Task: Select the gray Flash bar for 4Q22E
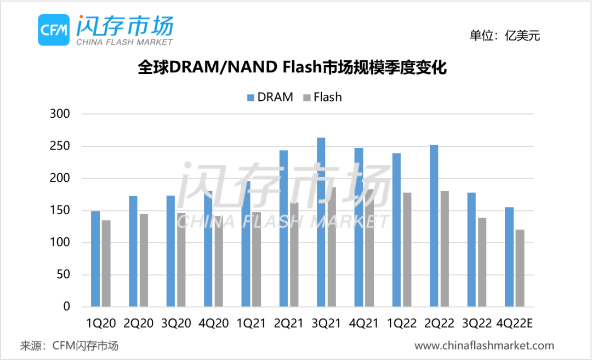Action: pos(520,268)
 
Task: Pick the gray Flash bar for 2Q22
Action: pos(445,249)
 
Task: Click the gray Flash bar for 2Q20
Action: pos(144,260)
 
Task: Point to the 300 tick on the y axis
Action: pos(60,114)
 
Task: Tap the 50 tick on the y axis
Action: pos(64,275)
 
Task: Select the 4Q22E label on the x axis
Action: pos(514,323)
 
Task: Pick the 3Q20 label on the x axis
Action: pos(176,323)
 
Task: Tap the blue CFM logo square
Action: pos(54,30)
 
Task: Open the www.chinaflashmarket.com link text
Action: pos(484,346)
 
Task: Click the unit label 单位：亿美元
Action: pos(505,36)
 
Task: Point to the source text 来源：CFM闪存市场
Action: pos(69,346)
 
